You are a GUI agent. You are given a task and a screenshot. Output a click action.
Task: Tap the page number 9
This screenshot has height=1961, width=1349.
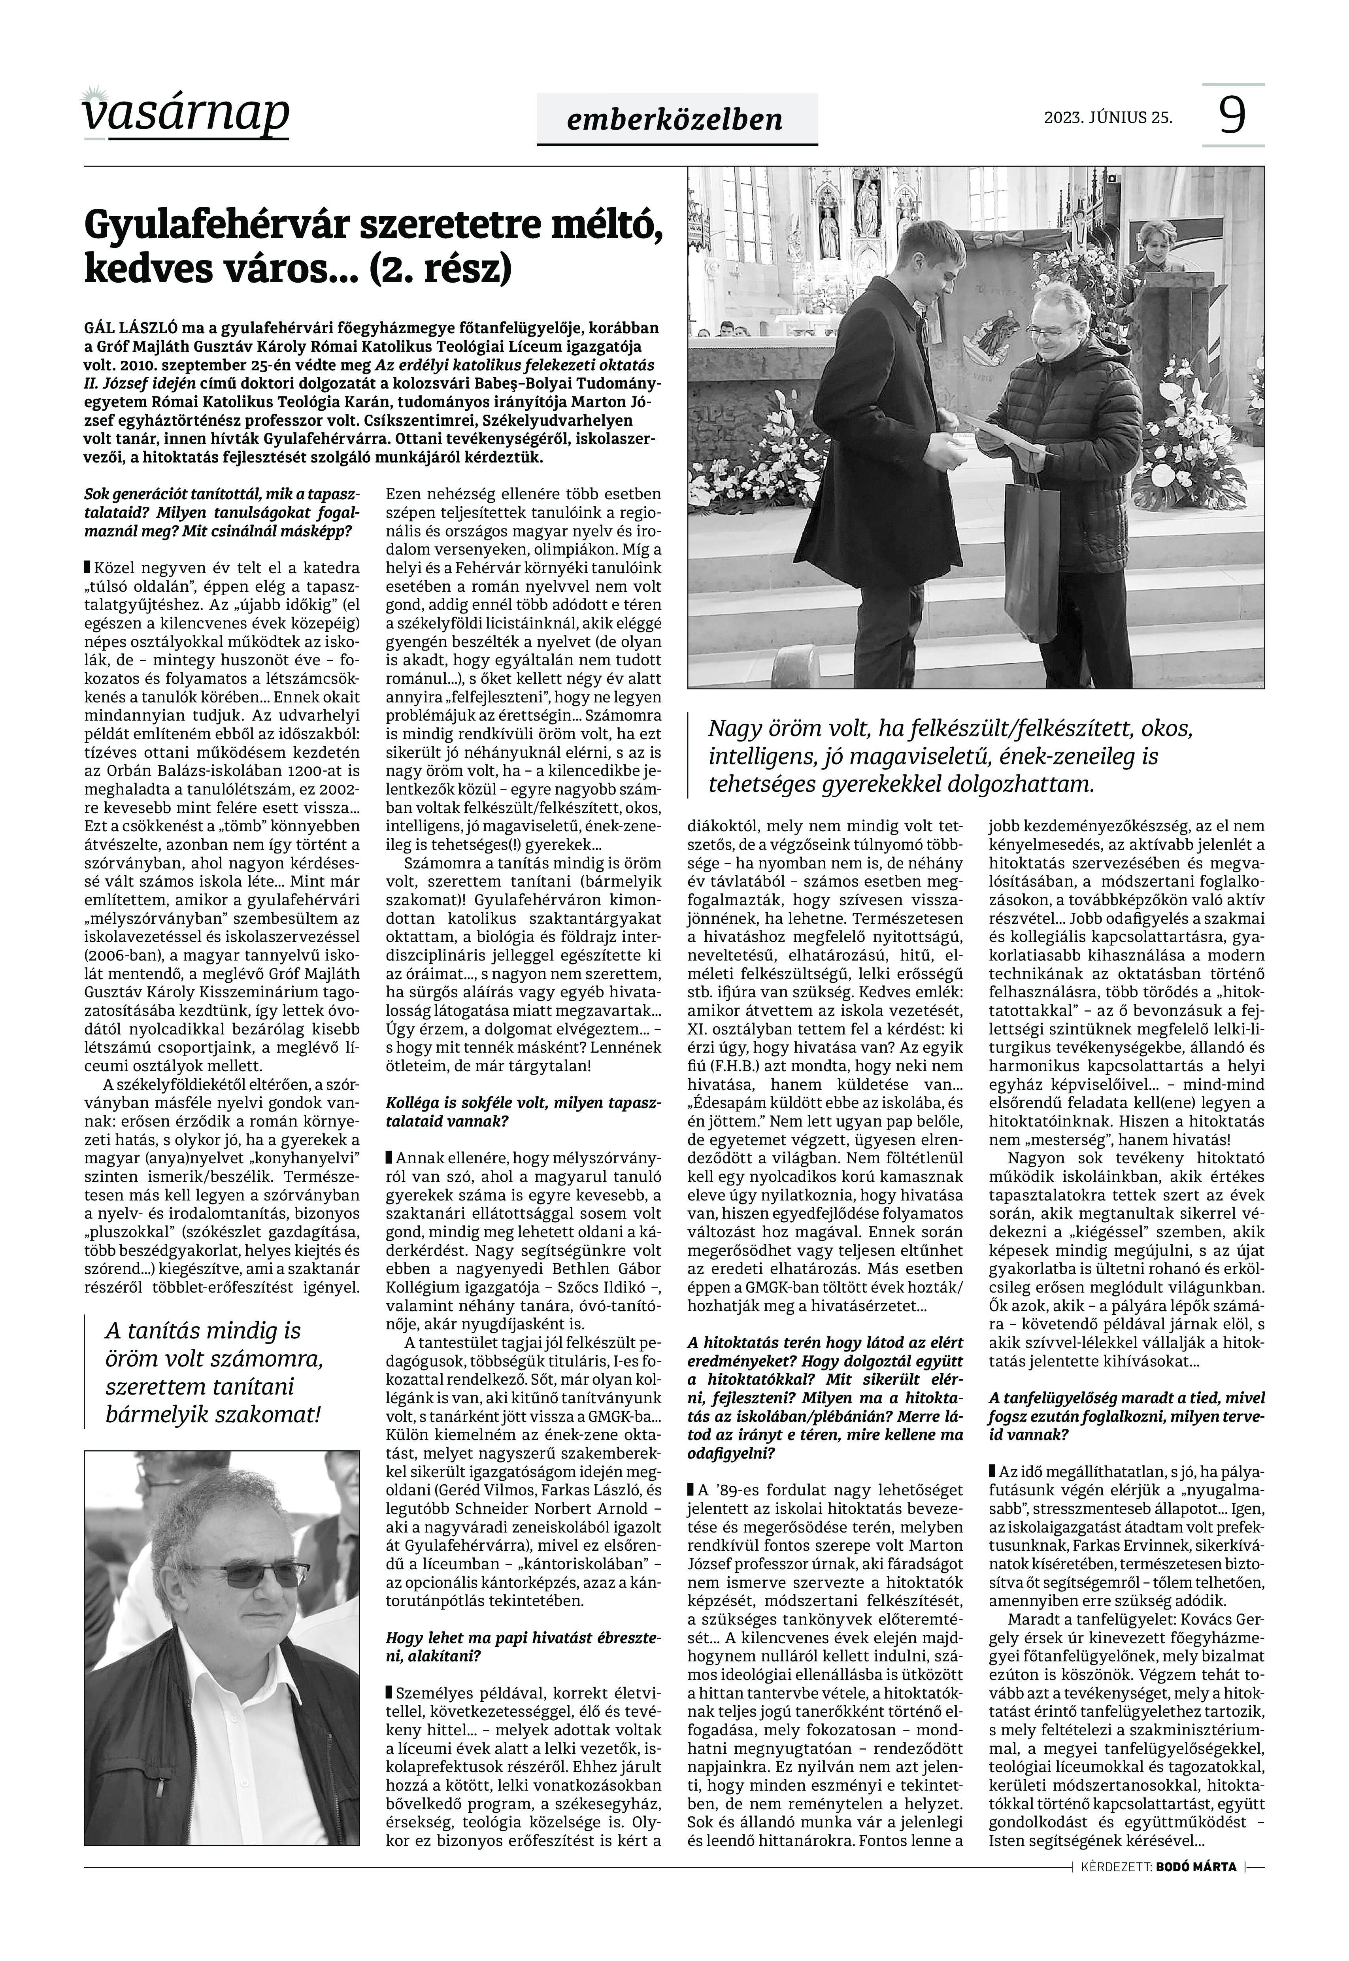[1233, 115]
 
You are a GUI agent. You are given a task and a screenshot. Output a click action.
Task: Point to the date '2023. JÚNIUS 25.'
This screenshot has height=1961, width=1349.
[1108, 117]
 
